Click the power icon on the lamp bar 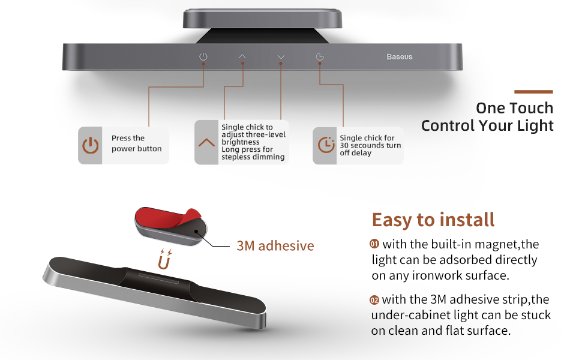click(x=203, y=56)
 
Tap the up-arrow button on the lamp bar click(x=242, y=56)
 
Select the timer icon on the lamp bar click(x=320, y=56)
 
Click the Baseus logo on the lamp click(x=400, y=57)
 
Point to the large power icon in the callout click(x=90, y=145)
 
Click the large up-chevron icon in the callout click(x=206, y=142)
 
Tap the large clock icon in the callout click(x=326, y=145)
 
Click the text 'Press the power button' click(x=137, y=143)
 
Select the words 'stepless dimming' click(x=253, y=157)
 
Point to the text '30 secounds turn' click(x=370, y=145)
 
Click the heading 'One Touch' click(x=514, y=108)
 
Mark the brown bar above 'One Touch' click(x=533, y=92)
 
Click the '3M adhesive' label click(x=275, y=245)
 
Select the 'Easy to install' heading click(x=433, y=220)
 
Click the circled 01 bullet click(x=374, y=244)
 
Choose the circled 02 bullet click(x=374, y=300)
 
